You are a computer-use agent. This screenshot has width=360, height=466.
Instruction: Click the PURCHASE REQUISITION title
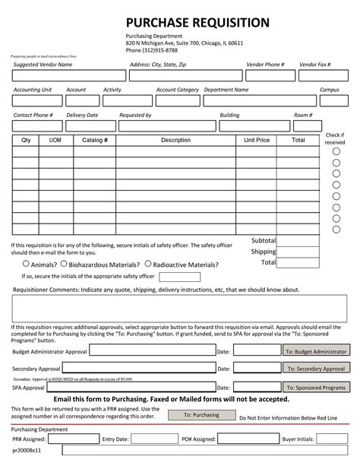(197, 22)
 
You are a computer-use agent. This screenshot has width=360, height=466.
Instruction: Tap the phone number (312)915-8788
(152, 51)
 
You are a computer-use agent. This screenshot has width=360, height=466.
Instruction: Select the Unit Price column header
(257, 141)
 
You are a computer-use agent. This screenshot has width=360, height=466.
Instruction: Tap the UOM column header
(55, 141)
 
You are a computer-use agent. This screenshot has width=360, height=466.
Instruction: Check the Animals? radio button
(26, 265)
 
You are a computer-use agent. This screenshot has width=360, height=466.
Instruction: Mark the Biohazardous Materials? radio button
(65, 265)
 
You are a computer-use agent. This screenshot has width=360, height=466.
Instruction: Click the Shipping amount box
(298, 252)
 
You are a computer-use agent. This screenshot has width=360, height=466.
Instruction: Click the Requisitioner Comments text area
(179, 307)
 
